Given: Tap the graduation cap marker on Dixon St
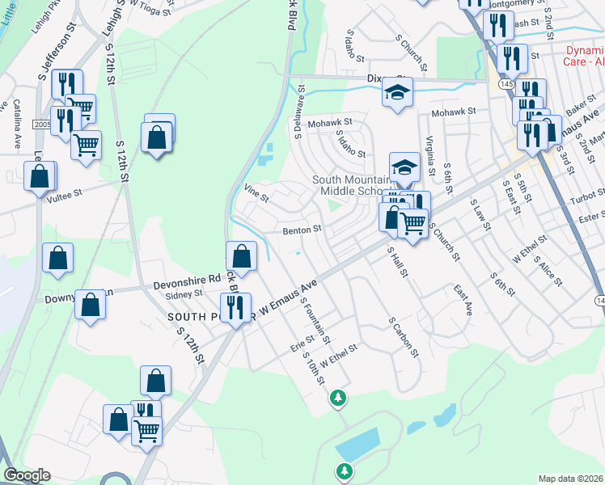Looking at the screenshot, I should point(397,95).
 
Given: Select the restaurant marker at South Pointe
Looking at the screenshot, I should point(235,308).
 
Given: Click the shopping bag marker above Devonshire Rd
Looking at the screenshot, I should point(242,258).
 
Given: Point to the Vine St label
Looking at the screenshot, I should point(256,192).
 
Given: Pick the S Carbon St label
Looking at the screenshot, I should point(404,337).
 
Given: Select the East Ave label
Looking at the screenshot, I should point(463,299).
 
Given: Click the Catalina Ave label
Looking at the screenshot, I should point(16,124).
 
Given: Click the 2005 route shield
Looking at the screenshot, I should point(41,124).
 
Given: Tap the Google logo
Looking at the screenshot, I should point(27,475).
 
